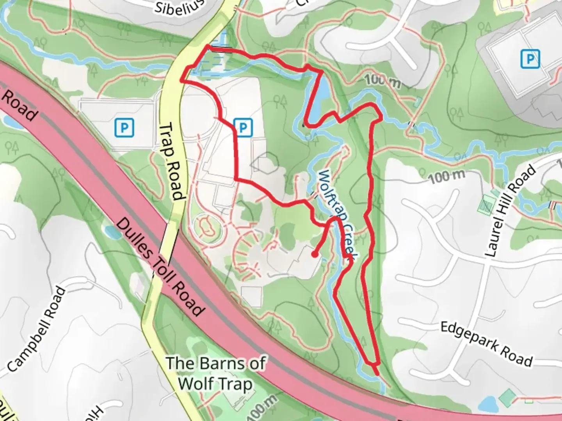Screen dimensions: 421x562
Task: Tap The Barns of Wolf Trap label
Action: pos(215,373)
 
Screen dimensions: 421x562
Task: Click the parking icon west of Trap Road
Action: pos(124,127)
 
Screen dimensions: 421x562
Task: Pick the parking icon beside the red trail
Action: pos(243,127)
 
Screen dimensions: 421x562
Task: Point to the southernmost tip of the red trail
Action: pos(377,374)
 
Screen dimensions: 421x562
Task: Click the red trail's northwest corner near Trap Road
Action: pos(207,47)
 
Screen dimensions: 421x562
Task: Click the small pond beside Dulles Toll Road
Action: pos(113,232)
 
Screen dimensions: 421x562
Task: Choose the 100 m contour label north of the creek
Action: pos(383,81)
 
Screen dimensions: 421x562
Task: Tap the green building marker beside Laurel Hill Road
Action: pos(486,204)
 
